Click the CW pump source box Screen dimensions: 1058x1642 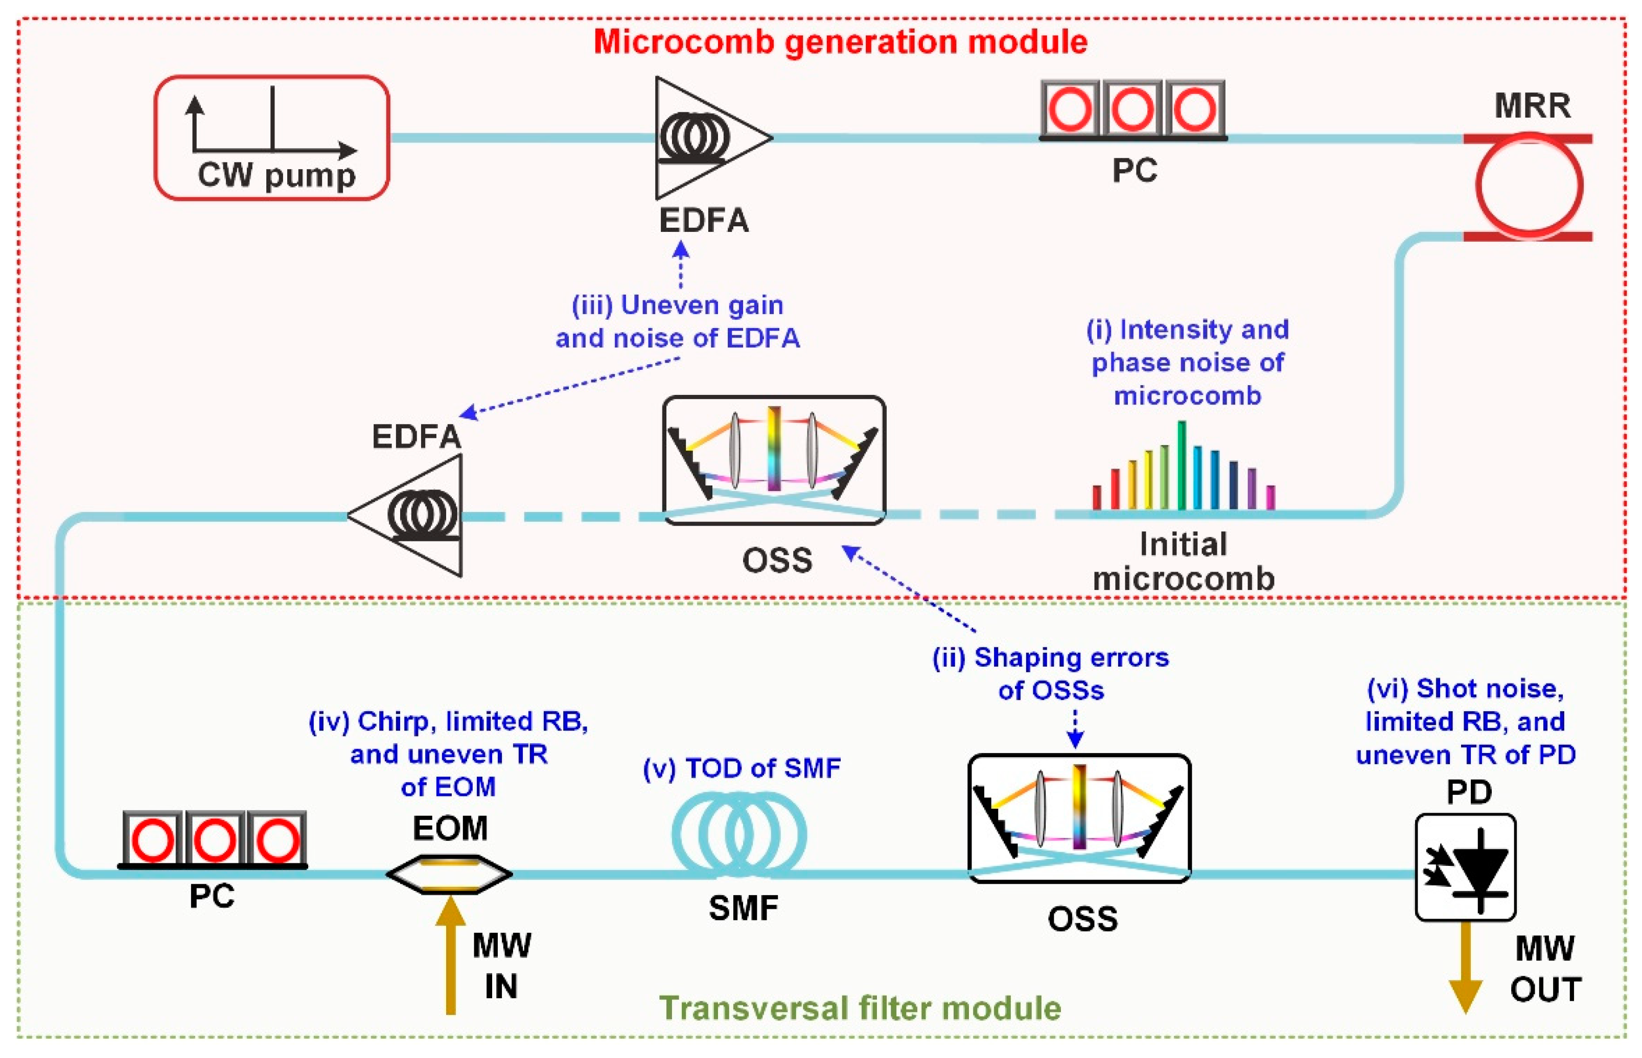coord(271,137)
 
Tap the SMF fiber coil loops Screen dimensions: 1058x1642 coord(739,835)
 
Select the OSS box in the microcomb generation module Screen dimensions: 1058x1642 coord(774,460)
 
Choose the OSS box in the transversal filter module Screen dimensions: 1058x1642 coord(1079,817)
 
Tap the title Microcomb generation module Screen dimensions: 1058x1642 coord(840,41)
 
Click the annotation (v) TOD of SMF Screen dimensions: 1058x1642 coord(741,768)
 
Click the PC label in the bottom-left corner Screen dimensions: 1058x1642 coord(212,897)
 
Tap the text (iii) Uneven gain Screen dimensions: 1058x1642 coord(677,305)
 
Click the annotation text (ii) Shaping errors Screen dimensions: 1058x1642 coord(1050,657)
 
